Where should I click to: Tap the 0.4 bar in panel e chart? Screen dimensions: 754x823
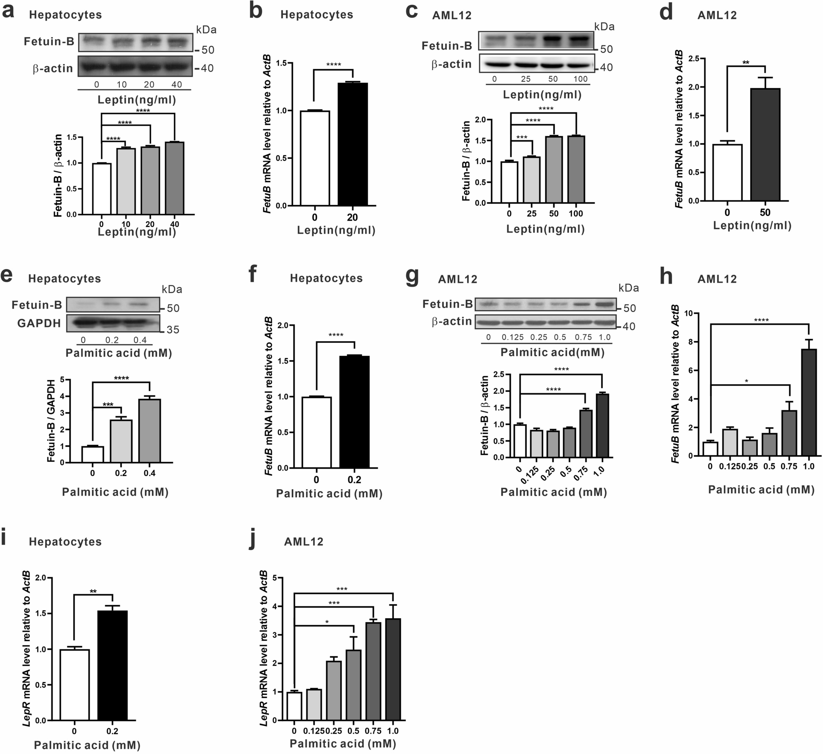click(149, 431)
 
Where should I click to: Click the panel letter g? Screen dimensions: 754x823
click(412, 277)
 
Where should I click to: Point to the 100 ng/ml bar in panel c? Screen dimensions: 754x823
click(576, 169)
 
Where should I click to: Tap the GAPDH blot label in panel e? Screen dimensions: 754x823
click(39, 323)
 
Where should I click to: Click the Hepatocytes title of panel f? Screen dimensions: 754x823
click(326, 278)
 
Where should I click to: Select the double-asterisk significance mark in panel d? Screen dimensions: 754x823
click(746, 62)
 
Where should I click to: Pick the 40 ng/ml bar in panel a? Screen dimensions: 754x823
click(174, 178)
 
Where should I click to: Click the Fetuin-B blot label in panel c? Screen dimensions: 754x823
click(447, 46)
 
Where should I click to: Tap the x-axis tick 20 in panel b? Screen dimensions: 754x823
click(352, 218)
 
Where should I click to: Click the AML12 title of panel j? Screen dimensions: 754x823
click(304, 542)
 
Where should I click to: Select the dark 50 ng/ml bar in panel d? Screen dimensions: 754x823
click(765, 144)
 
